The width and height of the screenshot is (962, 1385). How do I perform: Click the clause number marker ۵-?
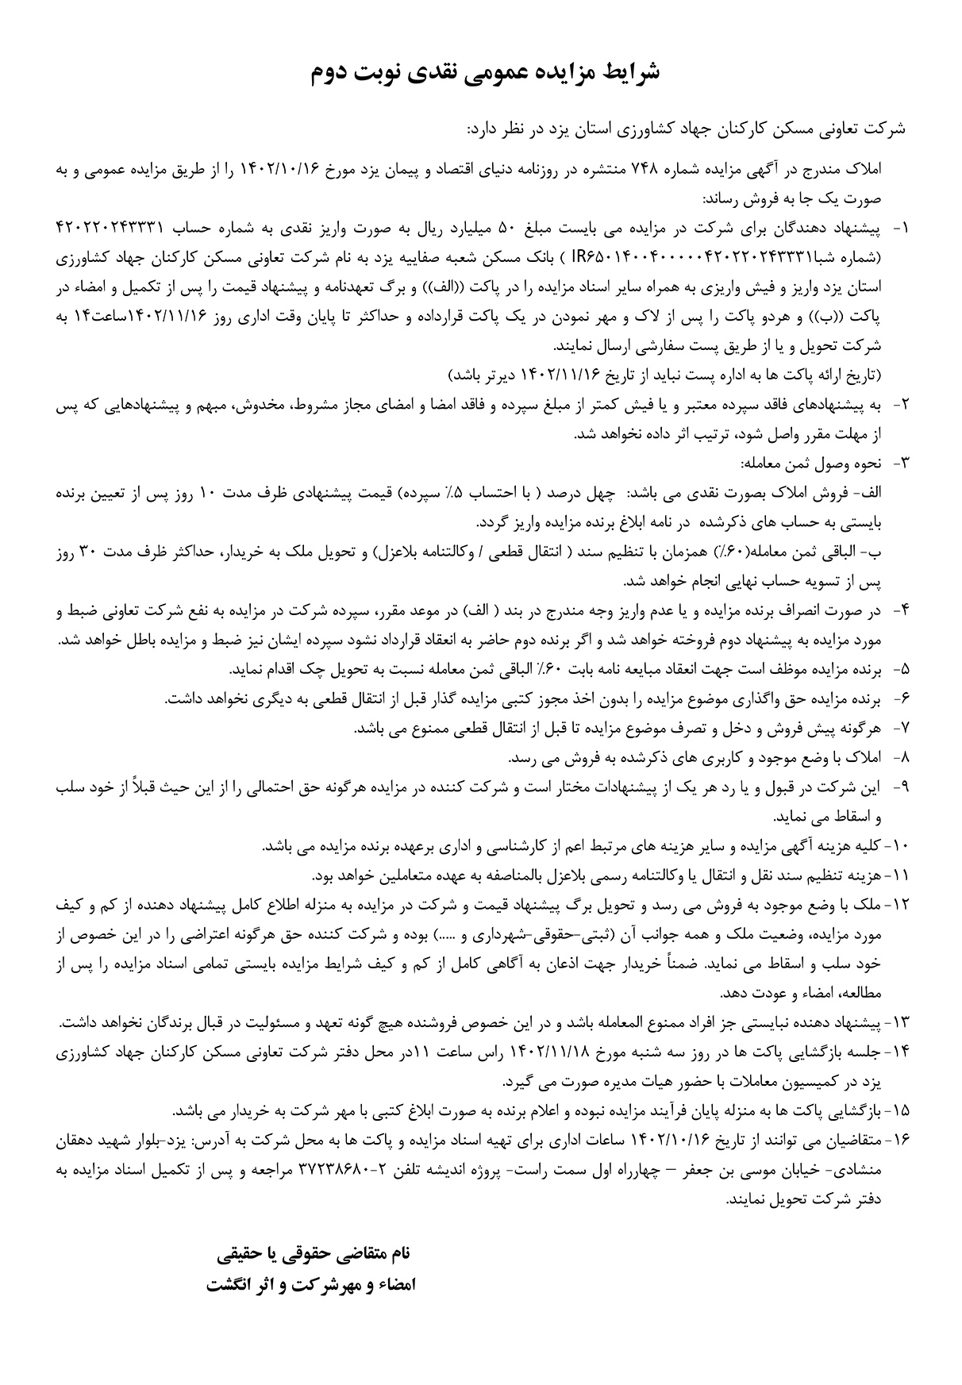point(899,670)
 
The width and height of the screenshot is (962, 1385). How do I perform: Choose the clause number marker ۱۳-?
point(896,1020)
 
